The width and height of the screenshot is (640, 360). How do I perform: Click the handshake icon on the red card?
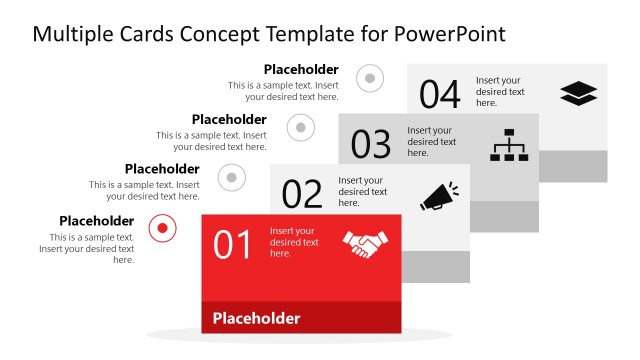(x=365, y=245)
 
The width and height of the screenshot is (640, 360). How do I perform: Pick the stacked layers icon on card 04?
(x=578, y=94)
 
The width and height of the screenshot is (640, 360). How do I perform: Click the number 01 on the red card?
(x=232, y=245)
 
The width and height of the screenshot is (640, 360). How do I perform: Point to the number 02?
(x=302, y=194)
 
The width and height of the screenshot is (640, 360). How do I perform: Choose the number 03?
(x=370, y=145)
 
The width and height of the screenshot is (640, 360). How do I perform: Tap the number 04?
(x=439, y=95)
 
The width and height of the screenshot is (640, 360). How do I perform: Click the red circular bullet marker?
(x=162, y=229)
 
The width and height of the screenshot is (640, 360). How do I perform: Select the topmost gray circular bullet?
(x=370, y=77)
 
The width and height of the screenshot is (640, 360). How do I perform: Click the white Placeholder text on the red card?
(x=256, y=319)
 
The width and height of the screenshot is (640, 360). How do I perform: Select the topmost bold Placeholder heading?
(x=301, y=69)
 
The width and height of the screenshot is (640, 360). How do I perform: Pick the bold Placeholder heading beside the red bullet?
(x=96, y=221)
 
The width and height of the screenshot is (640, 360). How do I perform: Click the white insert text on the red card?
(x=294, y=242)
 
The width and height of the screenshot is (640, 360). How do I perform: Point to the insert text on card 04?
(x=500, y=91)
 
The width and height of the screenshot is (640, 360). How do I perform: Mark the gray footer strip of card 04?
(x=572, y=166)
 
